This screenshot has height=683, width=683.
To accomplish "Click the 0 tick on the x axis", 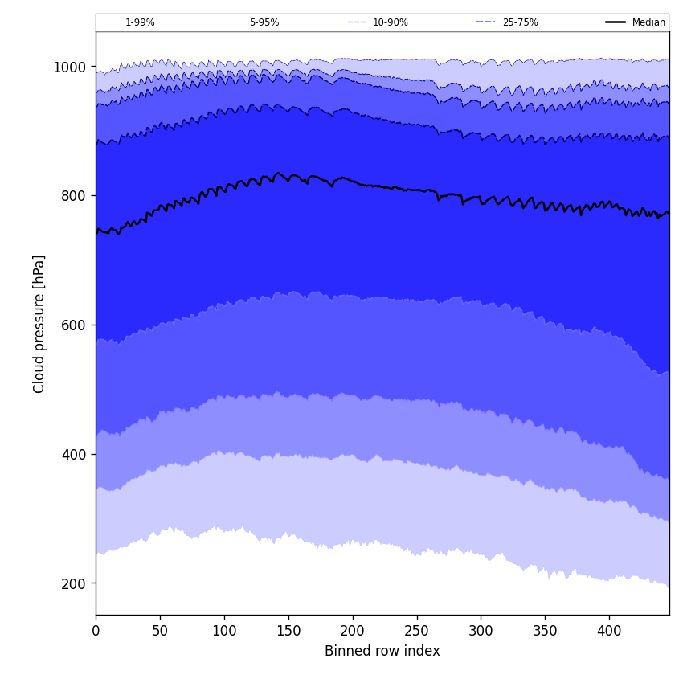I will coord(96,632).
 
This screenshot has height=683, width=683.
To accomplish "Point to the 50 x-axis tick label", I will coord(160,632).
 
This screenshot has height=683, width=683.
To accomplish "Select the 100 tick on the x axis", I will coord(224,632).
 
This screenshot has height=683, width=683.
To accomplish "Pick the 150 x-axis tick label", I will coord(288,632).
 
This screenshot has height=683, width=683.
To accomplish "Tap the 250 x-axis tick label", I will coord(417,632).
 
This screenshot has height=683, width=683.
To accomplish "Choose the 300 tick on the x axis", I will coord(481,632).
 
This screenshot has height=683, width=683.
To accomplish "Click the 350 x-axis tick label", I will coord(545,632).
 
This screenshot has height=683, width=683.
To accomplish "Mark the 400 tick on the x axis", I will coord(609,632).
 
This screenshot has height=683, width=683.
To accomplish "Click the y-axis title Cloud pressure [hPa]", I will coord(39,324).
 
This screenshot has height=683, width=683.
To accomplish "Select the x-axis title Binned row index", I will coord(382,651).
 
